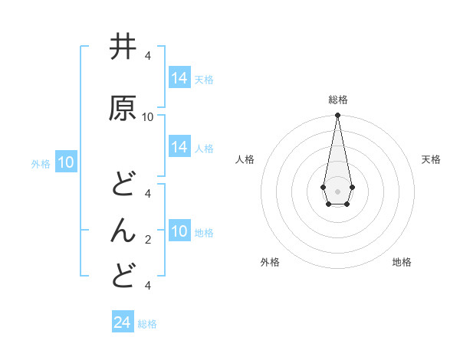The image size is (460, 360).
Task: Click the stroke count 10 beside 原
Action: click(x=148, y=117)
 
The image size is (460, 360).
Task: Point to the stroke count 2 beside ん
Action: click(x=148, y=240)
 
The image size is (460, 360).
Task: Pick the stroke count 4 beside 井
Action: click(x=148, y=56)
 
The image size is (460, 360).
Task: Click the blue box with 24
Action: click(x=123, y=322)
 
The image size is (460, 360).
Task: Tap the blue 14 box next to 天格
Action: click(x=179, y=78)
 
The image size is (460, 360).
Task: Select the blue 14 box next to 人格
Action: click(x=179, y=147)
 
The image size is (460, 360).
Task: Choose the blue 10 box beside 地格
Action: click(x=179, y=231)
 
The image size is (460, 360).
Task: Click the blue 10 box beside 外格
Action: click(x=66, y=162)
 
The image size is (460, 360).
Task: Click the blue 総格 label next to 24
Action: click(x=148, y=324)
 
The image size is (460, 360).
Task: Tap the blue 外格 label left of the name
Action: click(x=41, y=163)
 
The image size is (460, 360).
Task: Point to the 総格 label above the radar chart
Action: click(x=337, y=100)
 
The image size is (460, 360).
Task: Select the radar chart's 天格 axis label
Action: click(x=431, y=159)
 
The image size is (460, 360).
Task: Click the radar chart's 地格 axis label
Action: click(x=402, y=262)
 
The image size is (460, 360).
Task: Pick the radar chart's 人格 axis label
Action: click(x=245, y=159)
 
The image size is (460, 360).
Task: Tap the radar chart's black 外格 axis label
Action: click(x=270, y=262)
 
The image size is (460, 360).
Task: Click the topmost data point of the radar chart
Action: click(x=337, y=116)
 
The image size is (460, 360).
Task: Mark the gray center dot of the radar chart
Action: click(x=337, y=190)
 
